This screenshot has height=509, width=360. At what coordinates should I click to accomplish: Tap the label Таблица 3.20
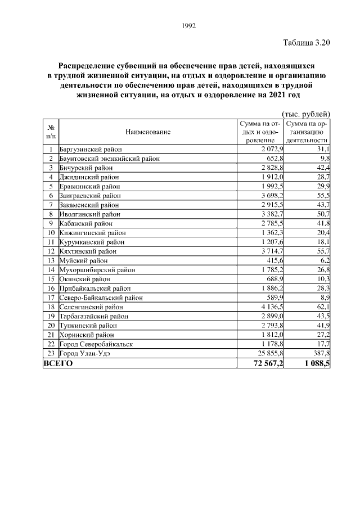coord(305,42)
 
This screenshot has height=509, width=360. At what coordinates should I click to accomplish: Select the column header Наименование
coord(148,132)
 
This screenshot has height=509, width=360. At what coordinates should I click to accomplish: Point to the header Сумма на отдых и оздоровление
coord(259,132)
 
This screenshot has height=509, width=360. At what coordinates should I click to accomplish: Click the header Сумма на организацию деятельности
coord(307,132)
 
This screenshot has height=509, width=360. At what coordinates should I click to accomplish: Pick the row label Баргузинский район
coord(90,150)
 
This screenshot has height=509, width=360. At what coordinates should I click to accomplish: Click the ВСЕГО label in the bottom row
coord(58,363)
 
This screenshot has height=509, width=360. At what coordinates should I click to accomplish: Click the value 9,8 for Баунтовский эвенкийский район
coord(324,159)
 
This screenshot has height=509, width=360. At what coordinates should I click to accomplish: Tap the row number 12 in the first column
coord(51,251)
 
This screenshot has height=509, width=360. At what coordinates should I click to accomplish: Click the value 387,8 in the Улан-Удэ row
coord(320,353)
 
